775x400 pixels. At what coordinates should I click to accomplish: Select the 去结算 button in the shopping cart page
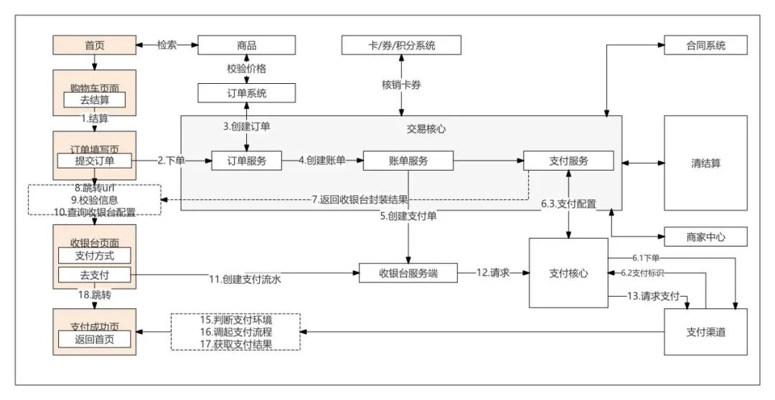95,100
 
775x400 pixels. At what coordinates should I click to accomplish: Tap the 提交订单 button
95,161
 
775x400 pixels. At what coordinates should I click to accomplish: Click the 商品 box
246,45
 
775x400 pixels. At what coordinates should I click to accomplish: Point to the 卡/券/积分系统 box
401,45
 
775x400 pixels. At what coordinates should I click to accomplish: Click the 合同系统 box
705,45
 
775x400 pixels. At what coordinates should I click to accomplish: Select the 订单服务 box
246,161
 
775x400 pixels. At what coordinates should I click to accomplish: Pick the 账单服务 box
408,161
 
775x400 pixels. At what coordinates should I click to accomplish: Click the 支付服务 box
568,161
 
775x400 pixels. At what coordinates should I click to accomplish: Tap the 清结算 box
705,163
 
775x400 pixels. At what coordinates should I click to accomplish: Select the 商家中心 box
705,237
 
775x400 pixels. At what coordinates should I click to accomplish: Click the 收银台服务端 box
408,273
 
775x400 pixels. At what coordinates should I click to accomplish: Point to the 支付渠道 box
705,331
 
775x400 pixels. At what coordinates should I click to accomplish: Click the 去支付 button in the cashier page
95,275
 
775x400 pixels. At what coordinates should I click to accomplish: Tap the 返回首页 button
95,339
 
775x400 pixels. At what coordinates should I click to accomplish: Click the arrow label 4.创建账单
322,161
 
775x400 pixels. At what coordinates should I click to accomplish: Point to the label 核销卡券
401,85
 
